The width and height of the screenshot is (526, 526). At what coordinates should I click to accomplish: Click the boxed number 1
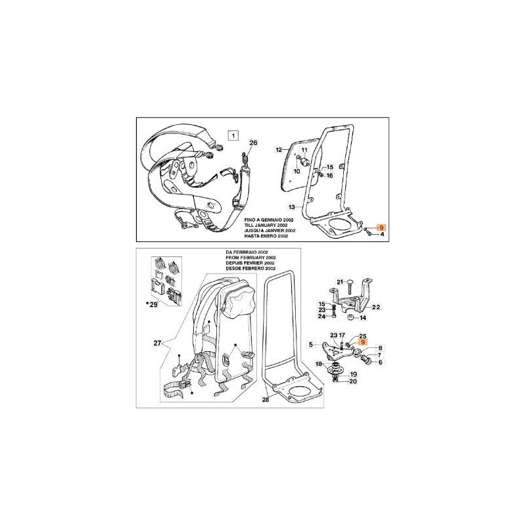(233, 135)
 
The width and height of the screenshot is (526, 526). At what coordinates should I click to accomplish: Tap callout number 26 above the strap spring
(253, 143)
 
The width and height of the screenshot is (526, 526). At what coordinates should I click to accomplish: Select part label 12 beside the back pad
(279, 150)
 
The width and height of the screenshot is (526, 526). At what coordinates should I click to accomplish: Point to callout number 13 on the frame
(291, 207)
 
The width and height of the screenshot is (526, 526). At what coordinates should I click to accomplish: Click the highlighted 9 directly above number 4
(381, 227)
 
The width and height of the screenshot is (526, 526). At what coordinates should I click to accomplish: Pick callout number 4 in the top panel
(382, 235)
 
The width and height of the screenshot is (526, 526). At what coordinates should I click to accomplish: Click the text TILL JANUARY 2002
(270, 225)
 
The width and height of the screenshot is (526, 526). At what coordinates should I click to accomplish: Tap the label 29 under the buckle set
(153, 305)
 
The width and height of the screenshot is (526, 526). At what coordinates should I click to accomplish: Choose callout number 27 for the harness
(157, 343)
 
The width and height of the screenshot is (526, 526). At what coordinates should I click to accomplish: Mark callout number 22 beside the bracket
(375, 307)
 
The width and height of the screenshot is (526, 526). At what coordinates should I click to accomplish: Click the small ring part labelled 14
(350, 318)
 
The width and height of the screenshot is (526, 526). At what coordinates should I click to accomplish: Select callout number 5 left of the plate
(310, 344)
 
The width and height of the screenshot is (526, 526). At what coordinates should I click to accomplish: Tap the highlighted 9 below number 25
(362, 342)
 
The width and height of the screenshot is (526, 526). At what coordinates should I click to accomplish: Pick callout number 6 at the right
(380, 362)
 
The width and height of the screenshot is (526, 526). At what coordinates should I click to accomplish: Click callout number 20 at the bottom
(353, 381)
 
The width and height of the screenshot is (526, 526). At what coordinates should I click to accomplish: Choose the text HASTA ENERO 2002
(266, 236)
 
